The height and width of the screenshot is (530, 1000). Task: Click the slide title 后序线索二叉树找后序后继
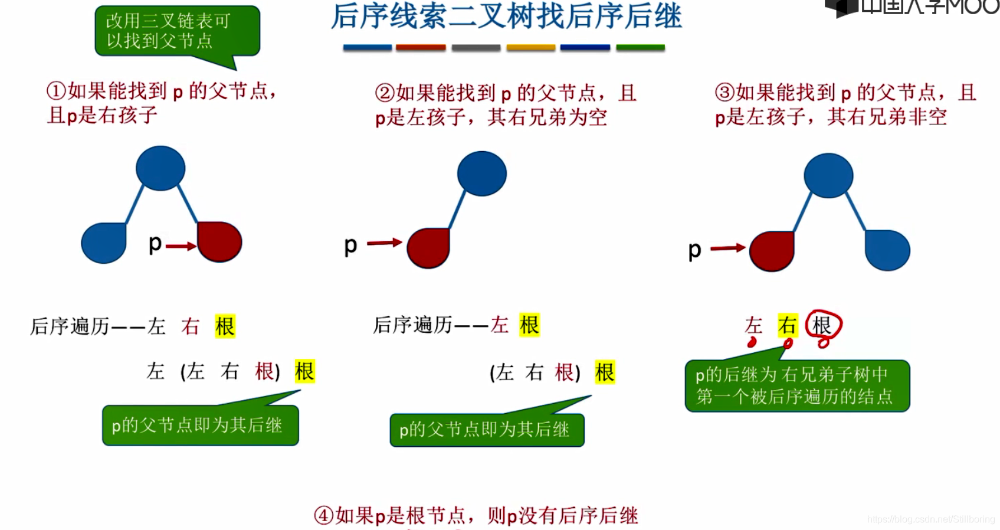click(506, 17)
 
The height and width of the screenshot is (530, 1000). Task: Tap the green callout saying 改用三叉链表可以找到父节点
click(177, 31)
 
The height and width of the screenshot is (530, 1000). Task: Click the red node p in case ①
click(219, 241)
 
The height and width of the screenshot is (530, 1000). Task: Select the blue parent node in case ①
click(160, 168)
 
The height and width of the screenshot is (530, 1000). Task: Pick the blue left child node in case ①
click(104, 243)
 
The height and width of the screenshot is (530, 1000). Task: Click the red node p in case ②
click(428, 248)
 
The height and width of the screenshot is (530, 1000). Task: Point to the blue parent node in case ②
click(481, 174)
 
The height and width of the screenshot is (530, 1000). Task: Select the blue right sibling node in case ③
click(887, 250)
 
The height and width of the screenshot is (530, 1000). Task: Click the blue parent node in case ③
click(828, 175)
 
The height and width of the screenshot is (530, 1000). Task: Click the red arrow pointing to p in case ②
click(384, 243)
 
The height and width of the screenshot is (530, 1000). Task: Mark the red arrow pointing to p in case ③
click(727, 248)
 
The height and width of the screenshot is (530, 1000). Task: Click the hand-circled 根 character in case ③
click(822, 325)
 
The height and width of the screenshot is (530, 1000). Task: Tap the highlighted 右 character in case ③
click(788, 325)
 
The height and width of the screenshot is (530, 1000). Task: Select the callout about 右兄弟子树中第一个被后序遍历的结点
click(797, 385)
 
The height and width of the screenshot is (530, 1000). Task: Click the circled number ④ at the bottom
click(324, 515)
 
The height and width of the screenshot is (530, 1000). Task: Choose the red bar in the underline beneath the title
click(421, 48)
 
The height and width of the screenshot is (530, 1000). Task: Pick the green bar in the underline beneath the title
click(640, 48)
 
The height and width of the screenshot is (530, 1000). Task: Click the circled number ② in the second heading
click(385, 93)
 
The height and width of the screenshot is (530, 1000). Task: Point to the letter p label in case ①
click(155, 243)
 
